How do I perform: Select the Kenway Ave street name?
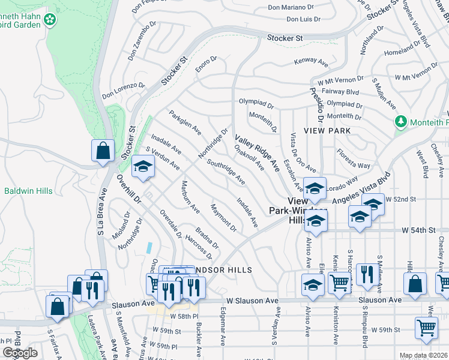(x=310, y=62)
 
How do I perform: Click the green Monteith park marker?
(x=401, y=122)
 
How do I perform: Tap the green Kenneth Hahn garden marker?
(x=50, y=19)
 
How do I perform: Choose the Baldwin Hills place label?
(x=28, y=191)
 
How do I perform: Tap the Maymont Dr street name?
(x=223, y=217)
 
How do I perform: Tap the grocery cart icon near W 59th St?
(x=426, y=328)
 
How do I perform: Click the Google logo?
(x=20, y=353)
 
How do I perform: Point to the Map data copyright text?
(x=423, y=355)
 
